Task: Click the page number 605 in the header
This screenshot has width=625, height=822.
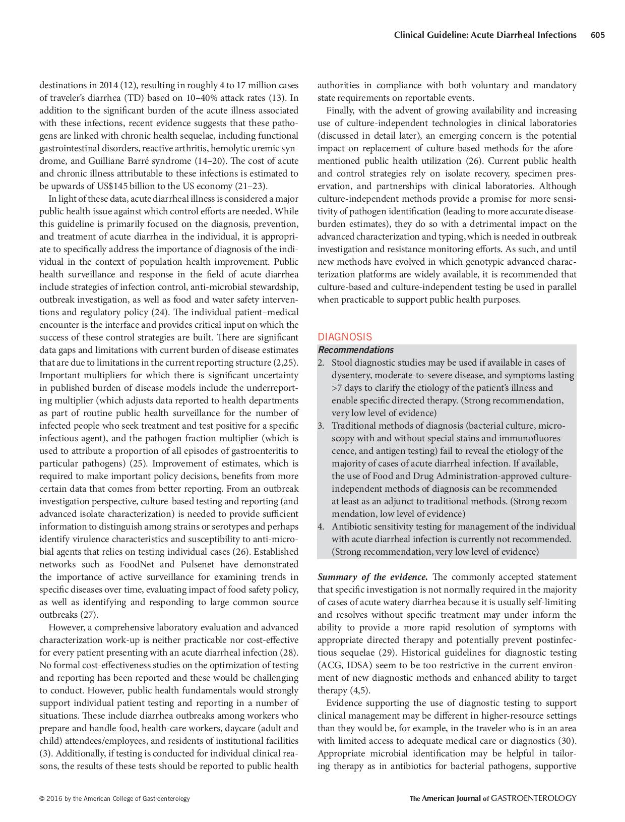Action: [597, 35]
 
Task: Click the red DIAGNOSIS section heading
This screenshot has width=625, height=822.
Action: [345, 337]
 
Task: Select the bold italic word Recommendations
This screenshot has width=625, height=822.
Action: [356, 350]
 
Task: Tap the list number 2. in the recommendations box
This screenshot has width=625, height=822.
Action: [321, 363]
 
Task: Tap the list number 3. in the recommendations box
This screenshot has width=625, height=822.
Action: [321, 426]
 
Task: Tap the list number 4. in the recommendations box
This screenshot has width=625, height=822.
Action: [321, 526]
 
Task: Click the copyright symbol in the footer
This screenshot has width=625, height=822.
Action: [42, 798]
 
